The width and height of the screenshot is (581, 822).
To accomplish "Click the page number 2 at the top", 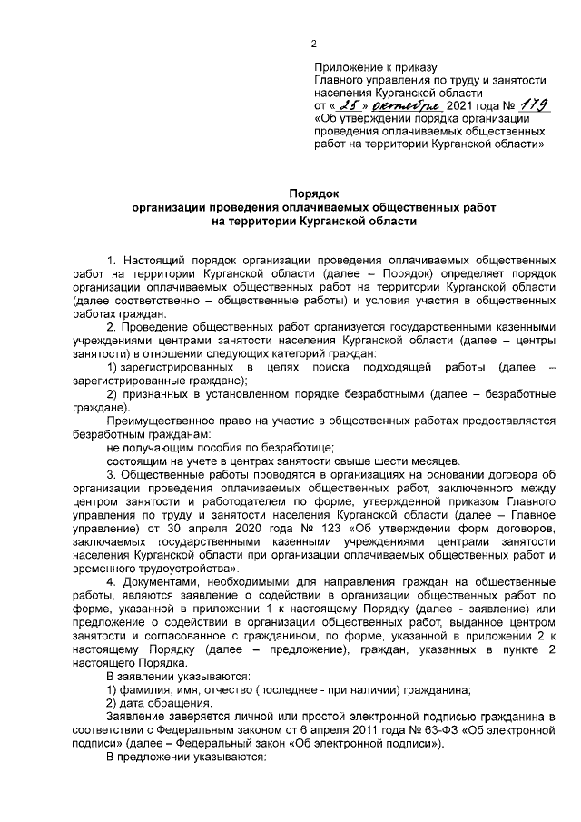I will [x=313, y=43].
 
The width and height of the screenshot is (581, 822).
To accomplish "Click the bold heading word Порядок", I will [x=313, y=193].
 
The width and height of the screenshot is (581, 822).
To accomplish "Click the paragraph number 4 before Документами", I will [x=111, y=580].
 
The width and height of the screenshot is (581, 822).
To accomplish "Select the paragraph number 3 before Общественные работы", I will [x=111, y=473].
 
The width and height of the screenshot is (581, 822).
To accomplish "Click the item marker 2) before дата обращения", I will [x=112, y=702].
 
